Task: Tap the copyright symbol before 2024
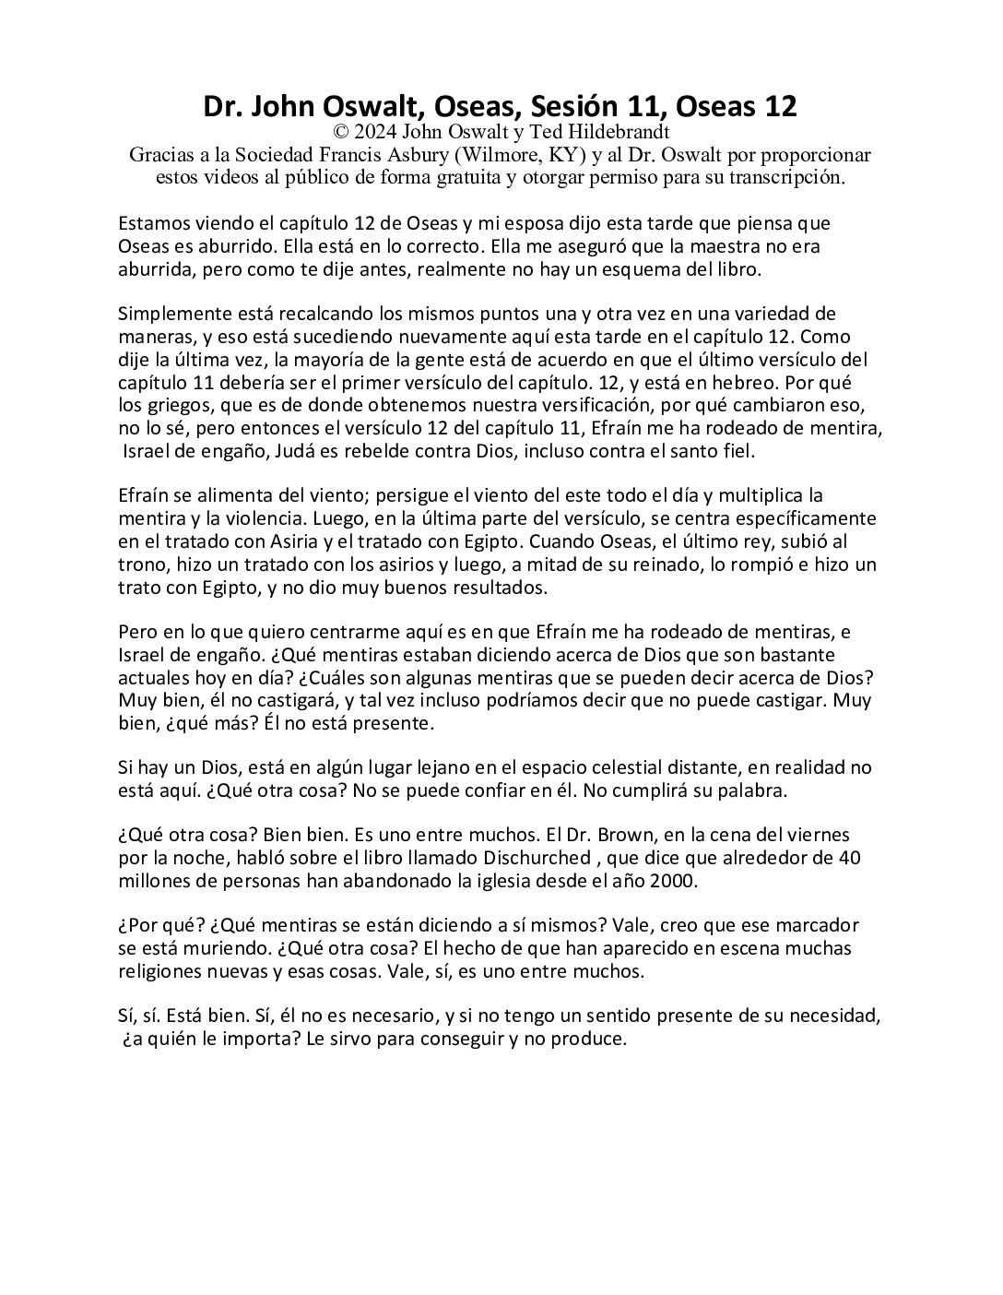click(x=345, y=132)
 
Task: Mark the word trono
click(x=140, y=564)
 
